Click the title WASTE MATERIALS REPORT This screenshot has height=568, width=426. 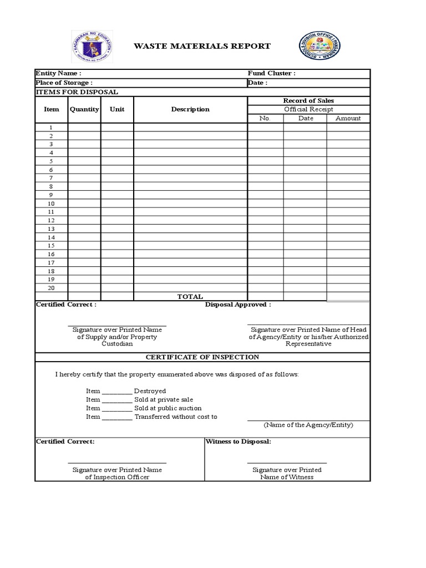tap(202, 46)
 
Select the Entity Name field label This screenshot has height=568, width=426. tap(58, 73)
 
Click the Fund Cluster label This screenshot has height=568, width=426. tap(271, 73)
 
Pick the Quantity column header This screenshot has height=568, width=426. tap(84, 109)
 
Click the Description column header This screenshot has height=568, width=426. tap(190, 109)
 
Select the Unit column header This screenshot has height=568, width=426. tap(117, 109)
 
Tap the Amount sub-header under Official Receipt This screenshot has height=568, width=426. tap(348, 118)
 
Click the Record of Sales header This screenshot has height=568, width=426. tap(308, 100)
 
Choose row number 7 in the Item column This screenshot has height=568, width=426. tap(51, 178)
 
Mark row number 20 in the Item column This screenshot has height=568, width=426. tap(51, 288)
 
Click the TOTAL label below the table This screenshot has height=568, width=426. tap(190, 297)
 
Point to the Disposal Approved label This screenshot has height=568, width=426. tap(238, 305)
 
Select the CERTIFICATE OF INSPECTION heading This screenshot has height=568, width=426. tap(202, 357)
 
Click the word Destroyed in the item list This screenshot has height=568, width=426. tap(150, 391)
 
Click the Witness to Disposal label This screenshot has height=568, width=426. tap(238, 442)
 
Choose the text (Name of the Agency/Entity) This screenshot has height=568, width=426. tap(308, 425)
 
